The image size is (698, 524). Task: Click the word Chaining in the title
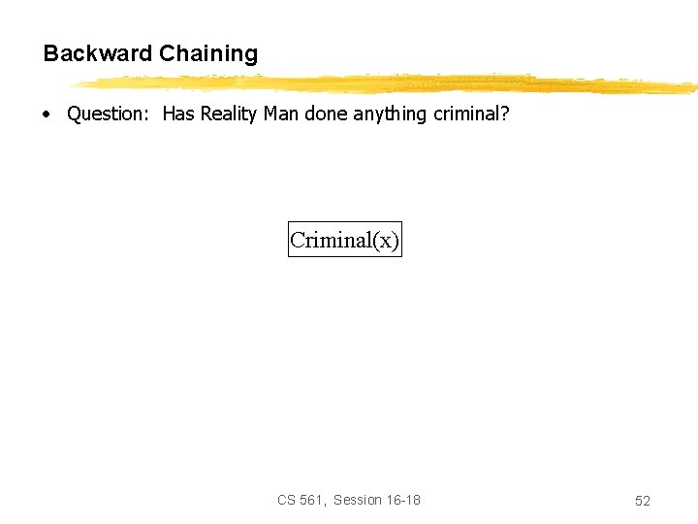208,54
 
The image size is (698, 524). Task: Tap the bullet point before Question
46,115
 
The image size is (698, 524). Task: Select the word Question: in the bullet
106,115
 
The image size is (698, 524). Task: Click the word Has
178,114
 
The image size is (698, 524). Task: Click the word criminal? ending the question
471,114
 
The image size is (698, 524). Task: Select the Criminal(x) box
344,240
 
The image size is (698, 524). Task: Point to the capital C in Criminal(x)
298,240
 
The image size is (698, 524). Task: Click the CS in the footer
286,500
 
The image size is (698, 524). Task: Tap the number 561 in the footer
312,500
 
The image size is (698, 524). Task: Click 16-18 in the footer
404,500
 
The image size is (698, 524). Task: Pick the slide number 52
643,501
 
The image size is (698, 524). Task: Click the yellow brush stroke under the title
388,84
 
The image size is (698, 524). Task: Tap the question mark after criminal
504,114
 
